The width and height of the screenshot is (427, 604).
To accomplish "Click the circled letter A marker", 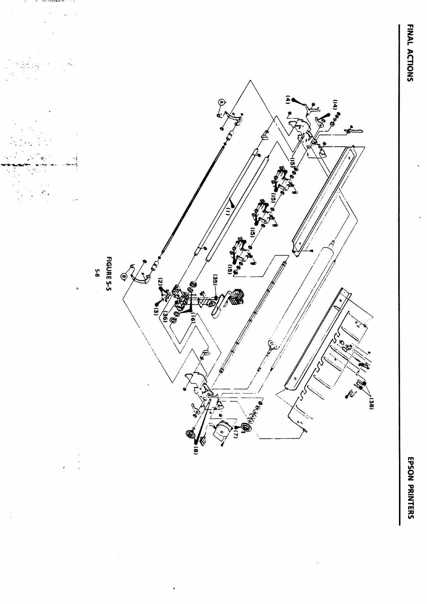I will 222,103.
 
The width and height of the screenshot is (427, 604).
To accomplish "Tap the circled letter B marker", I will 124,276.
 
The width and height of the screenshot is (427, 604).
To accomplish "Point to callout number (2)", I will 161,281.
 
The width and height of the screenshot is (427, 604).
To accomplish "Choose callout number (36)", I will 165,316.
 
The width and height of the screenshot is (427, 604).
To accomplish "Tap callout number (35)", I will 215,281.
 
